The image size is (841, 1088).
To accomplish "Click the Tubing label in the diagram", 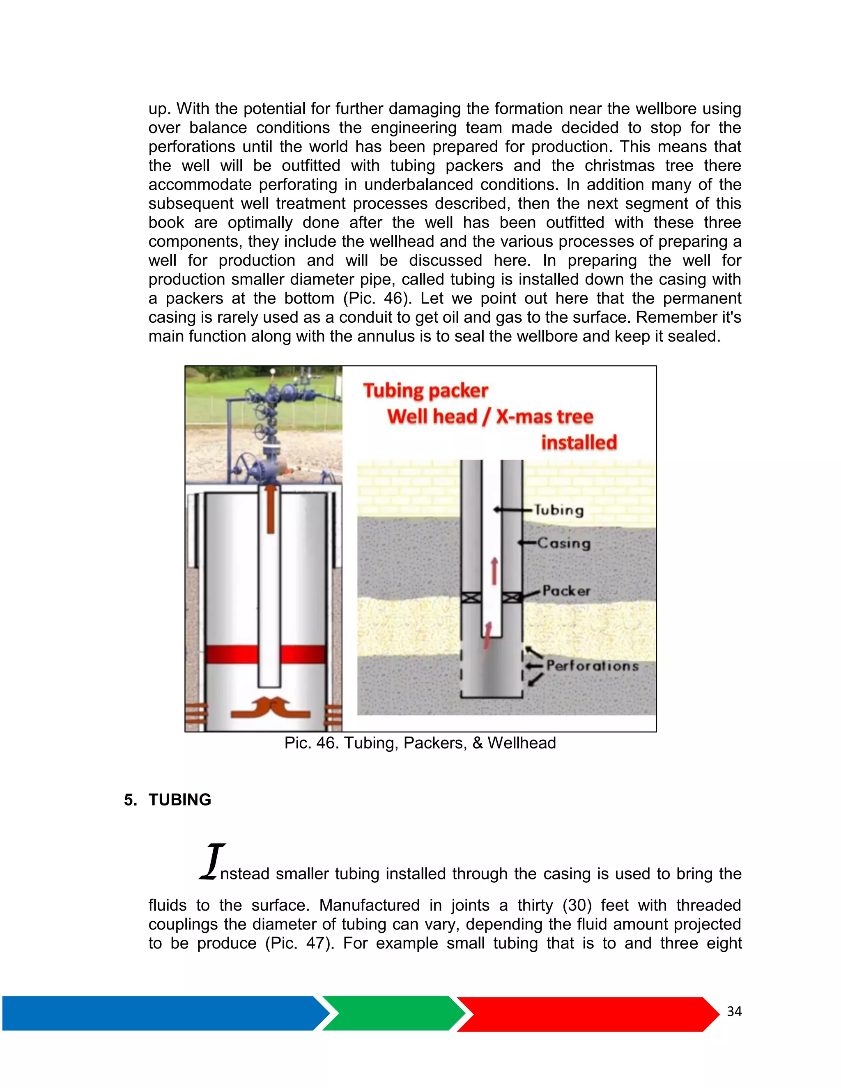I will click(x=558, y=510).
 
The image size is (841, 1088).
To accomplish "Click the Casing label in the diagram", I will click(x=564, y=543).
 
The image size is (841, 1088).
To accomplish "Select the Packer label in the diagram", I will click(x=566, y=591).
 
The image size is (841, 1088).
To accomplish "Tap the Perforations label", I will click(x=592, y=666).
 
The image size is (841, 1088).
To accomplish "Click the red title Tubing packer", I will click(x=425, y=391).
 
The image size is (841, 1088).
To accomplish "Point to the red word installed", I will click(x=579, y=442).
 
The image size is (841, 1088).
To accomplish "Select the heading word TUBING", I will click(x=180, y=799).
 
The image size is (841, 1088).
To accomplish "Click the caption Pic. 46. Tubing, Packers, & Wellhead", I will click(x=420, y=743).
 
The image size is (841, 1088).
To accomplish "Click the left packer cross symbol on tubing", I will click(x=471, y=598).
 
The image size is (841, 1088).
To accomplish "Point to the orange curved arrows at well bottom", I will click(x=271, y=708).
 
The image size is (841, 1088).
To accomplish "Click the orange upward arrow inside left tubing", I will click(x=271, y=508).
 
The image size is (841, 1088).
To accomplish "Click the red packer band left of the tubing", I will click(x=231, y=654).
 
